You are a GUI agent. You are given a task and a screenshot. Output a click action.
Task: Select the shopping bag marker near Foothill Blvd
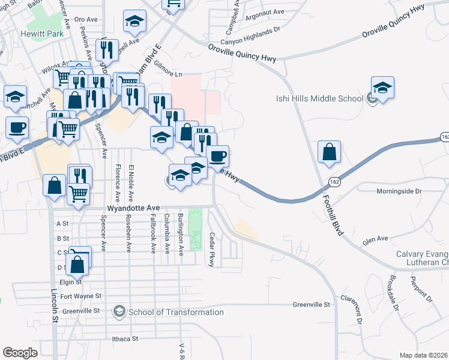[x=329, y=152]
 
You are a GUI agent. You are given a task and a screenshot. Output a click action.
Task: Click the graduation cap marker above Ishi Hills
[x=382, y=88]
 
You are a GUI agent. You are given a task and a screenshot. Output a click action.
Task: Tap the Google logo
[x=20, y=352]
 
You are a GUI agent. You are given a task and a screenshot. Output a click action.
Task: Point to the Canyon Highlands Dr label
[x=251, y=28]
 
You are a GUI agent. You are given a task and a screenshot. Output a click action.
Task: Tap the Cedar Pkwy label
[x=211, y=251]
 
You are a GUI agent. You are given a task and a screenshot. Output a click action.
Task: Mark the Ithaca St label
[x=125, y=338]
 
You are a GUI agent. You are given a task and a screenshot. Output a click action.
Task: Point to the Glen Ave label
[x=375, y=241]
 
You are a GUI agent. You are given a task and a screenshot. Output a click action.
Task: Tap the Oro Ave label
[x=86, y=19]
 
